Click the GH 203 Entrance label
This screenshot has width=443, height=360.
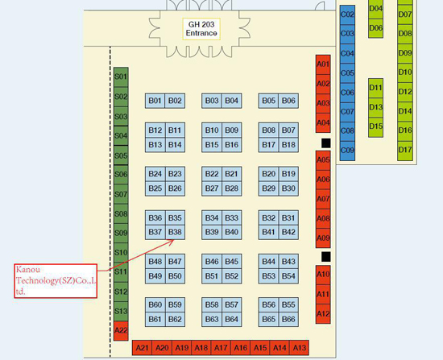tap(201, 29)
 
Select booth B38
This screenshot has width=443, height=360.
tap(175, 232)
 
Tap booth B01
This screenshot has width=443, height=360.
tap(155, 101)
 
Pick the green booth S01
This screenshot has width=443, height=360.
tap(121, 77)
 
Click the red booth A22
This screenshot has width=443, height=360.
tap(121, 331)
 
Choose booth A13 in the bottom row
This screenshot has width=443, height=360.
tap(299, 348)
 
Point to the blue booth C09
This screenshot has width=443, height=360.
tap(347, 151)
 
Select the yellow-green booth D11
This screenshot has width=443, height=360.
tap(376, 88)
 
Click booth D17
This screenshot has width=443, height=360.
tap(405, 151)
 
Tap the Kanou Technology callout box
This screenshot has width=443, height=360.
tap(56, 281)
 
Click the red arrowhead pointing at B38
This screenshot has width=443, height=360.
tap(172, 242)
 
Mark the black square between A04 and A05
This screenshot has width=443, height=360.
tap(325, 143)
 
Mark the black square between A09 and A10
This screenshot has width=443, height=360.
tap(325, 257)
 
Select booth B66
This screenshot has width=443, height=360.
tap(288, 319)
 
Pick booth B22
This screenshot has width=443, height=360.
tap(212, 174)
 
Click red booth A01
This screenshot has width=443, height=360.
tap(323, 64)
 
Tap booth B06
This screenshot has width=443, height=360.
tap(288, 101)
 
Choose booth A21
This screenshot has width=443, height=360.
tap(142, 348)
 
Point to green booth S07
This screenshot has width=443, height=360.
tap(121, 194)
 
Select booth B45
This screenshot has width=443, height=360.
tap(232, 262)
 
